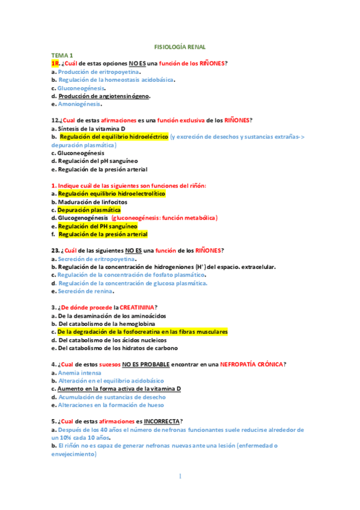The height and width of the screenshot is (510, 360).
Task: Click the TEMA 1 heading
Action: [x=63, y=55]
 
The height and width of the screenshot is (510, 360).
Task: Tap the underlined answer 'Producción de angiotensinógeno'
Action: [x=103, y=96]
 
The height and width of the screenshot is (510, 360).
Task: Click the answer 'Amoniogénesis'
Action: [x=79, y=103]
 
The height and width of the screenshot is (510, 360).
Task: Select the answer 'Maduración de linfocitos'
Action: [x=93, y=202]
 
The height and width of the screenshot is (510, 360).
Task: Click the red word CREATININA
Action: [x=136, y=307]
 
